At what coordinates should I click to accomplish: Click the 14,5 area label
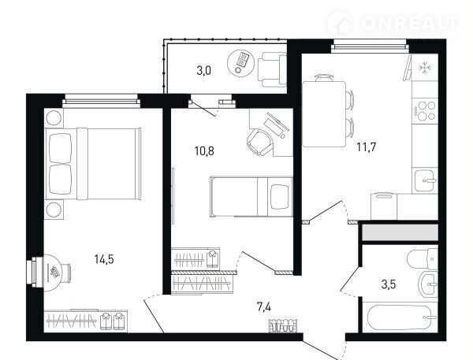click(104, 259)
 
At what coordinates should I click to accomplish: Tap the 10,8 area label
click(204, 150)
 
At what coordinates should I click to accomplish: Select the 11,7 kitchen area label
click(367, 147)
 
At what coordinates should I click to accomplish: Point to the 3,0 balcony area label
click(204, 71)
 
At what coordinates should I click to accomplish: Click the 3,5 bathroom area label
click(389, 284)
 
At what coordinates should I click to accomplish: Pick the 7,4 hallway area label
click(264, 307)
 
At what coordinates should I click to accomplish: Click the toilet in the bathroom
click(423, 258)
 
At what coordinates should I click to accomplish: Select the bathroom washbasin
click(428, 284)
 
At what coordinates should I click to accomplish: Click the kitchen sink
click(425, 180)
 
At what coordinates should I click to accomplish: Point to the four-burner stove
click(425, 110)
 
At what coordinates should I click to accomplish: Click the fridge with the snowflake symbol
click(425, 67)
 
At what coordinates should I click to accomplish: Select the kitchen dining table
click(324, 114)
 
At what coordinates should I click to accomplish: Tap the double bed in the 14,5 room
click(93, 164)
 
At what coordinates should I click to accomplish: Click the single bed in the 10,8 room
click(251, 197)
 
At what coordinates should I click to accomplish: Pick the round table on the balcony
click(240, 63)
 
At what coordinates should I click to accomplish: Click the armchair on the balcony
click(272, 69)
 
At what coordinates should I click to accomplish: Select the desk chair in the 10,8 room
click(259, 142)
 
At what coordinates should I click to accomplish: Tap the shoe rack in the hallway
click(283, 325)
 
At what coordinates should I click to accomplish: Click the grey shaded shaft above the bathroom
click(400, 232)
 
